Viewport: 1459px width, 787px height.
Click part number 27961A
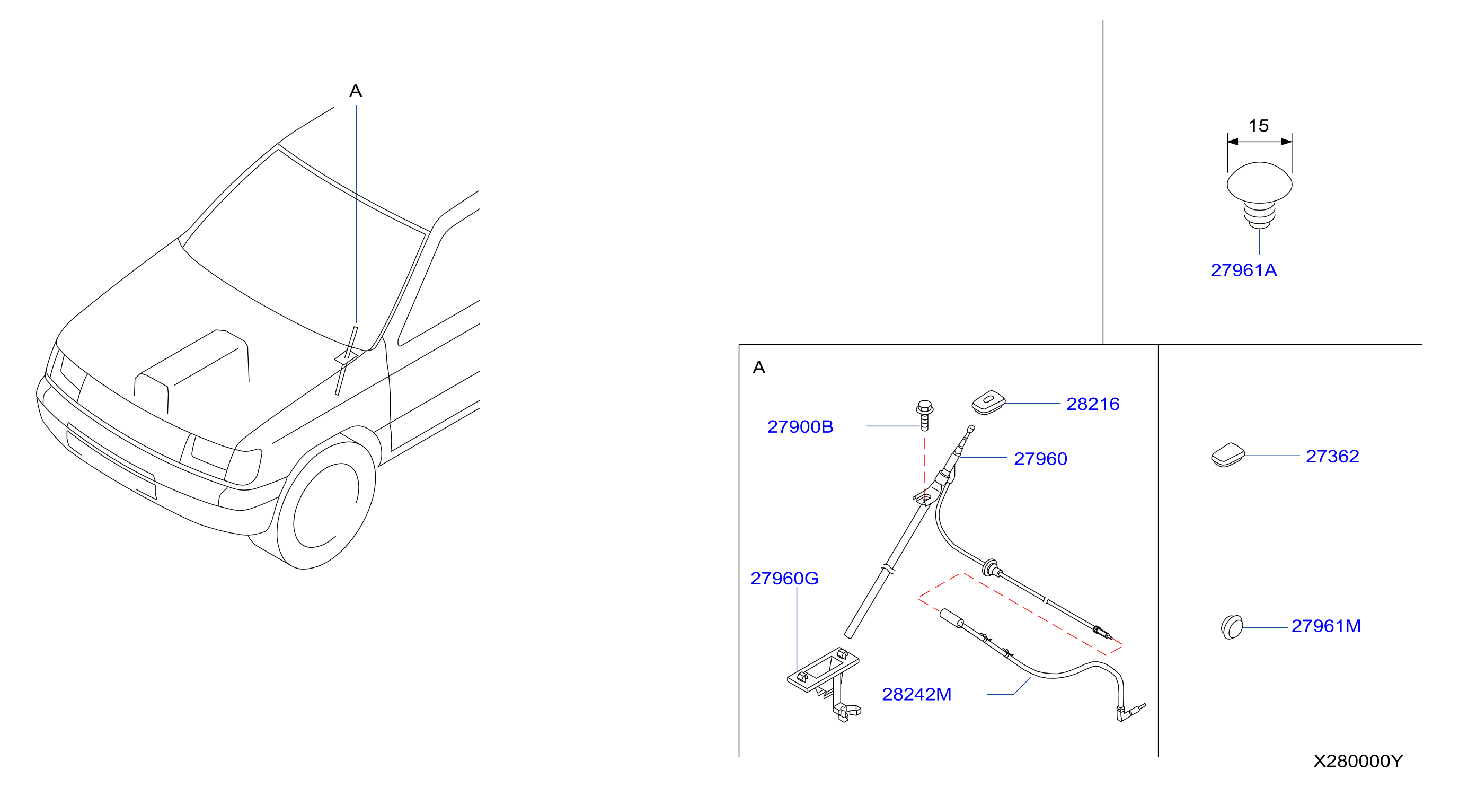(x=1244, y=270)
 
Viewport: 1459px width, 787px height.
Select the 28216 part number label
(x=1093, y=404)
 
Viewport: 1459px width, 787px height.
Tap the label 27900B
(x=800, y=427)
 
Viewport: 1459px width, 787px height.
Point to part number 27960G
(x=784, y=578)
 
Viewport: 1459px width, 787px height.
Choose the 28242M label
(x=916, y=694)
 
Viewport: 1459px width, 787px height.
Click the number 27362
(x=1332, y=456)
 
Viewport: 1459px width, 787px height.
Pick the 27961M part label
(x=1326, y=626)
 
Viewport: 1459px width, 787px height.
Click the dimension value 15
(x=1259, y=125)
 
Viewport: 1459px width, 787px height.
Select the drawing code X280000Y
(x=1358, y=760)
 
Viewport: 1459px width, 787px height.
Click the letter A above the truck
(x=356, y=91)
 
